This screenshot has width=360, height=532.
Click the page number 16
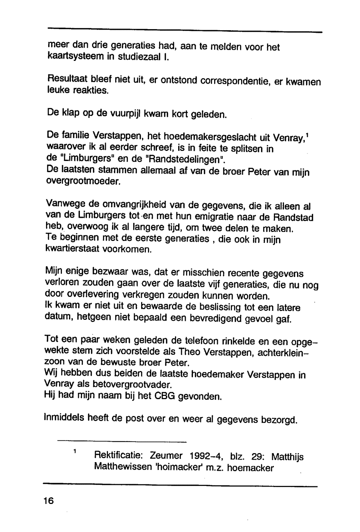click(x=48, y=501)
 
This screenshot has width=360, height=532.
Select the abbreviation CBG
click(x=165, y=396)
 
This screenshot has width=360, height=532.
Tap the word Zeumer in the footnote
click(x=166, y=456)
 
